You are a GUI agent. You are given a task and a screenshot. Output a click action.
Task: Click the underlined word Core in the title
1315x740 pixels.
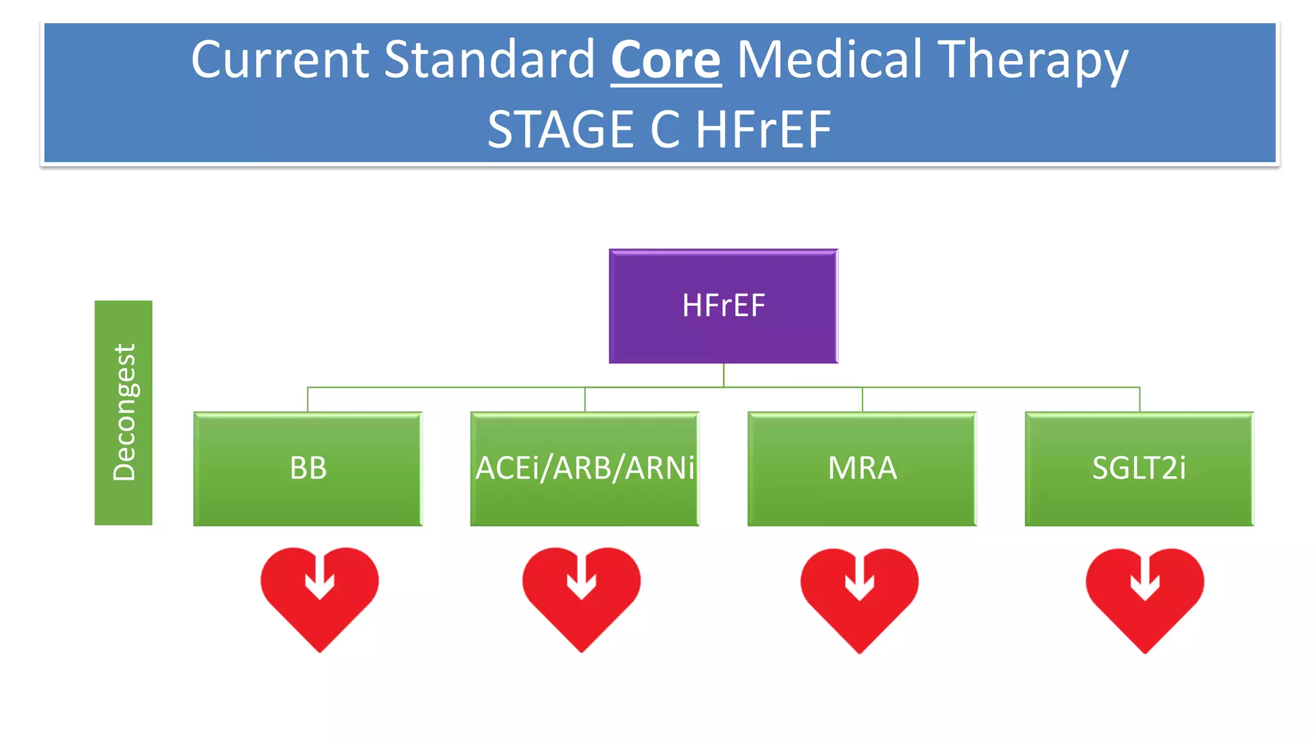[665, 60]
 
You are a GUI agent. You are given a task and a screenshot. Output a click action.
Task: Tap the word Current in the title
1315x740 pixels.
[280, 60]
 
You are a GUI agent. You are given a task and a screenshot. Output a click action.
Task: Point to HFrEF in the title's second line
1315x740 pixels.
[763, 130]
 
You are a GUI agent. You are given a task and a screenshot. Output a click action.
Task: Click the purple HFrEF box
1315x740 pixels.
[723, 306]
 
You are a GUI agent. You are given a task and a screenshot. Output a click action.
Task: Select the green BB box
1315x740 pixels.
[308, 468]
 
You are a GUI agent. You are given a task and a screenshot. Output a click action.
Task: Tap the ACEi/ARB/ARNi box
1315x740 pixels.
[584, 468]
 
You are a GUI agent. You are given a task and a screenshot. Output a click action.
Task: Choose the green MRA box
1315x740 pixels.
[862, 468]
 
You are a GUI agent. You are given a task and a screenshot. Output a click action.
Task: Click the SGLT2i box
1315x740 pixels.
[1138, 468]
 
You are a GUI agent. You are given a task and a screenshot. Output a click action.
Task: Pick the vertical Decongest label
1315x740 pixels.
[123, 412]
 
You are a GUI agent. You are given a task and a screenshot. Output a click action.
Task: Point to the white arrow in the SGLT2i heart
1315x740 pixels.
[1144, 579]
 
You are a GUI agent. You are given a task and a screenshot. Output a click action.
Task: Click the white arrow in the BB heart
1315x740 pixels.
[319, 577]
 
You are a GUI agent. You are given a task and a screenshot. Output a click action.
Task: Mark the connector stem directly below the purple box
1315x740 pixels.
[724, 375]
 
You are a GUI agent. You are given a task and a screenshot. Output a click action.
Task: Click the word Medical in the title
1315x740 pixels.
[829, 60]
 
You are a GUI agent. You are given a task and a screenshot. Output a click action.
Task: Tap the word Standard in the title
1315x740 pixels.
[491, 60]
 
